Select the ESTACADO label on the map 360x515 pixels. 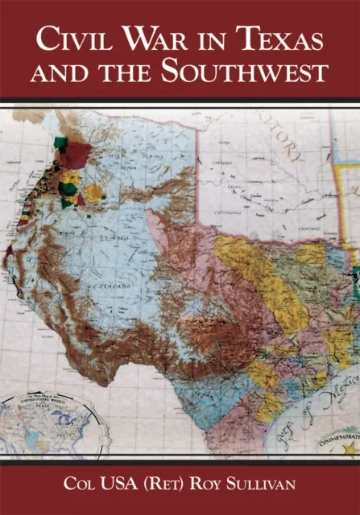click(114, 287)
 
